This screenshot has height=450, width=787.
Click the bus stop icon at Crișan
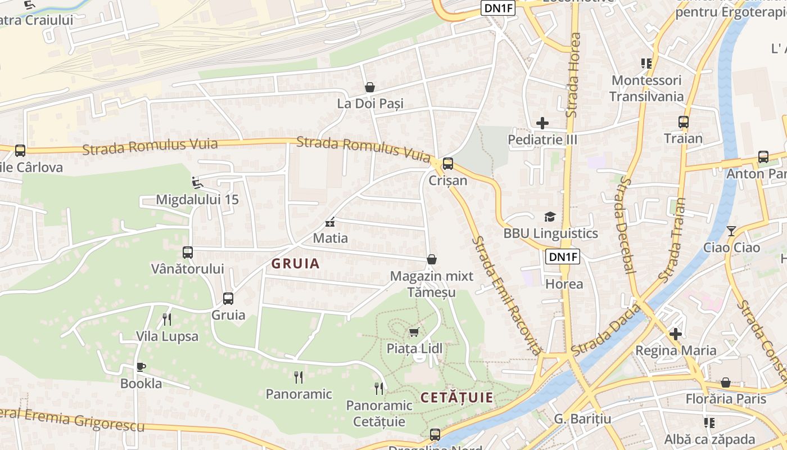click(447, 164)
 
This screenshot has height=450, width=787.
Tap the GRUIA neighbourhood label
click(295, 263)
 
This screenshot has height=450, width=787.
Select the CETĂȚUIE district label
click(457, 398)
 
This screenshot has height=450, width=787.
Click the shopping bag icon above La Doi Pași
click(370, 87)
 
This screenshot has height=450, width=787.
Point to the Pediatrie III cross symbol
click(542, 123)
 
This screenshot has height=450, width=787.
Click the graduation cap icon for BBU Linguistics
click(550, 217)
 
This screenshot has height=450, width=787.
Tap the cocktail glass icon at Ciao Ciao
click(731, 231)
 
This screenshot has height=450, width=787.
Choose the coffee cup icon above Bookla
click(141, 367)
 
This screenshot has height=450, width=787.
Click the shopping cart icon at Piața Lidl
click(414, 331)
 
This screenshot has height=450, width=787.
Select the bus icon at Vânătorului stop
click(188, 253)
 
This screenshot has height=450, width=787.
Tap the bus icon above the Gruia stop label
click(228, 298)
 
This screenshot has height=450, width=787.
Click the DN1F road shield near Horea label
click(562, 257)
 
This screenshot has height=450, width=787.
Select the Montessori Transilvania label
click(646, 88)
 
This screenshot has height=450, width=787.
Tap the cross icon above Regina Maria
click(676, 334)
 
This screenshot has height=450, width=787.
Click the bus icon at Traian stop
click(684, 122)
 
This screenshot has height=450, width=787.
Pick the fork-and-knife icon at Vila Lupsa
click(167, 319)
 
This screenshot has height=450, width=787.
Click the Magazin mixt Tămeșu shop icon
click(432, 259)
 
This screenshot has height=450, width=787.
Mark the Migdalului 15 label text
click(197, 200)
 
